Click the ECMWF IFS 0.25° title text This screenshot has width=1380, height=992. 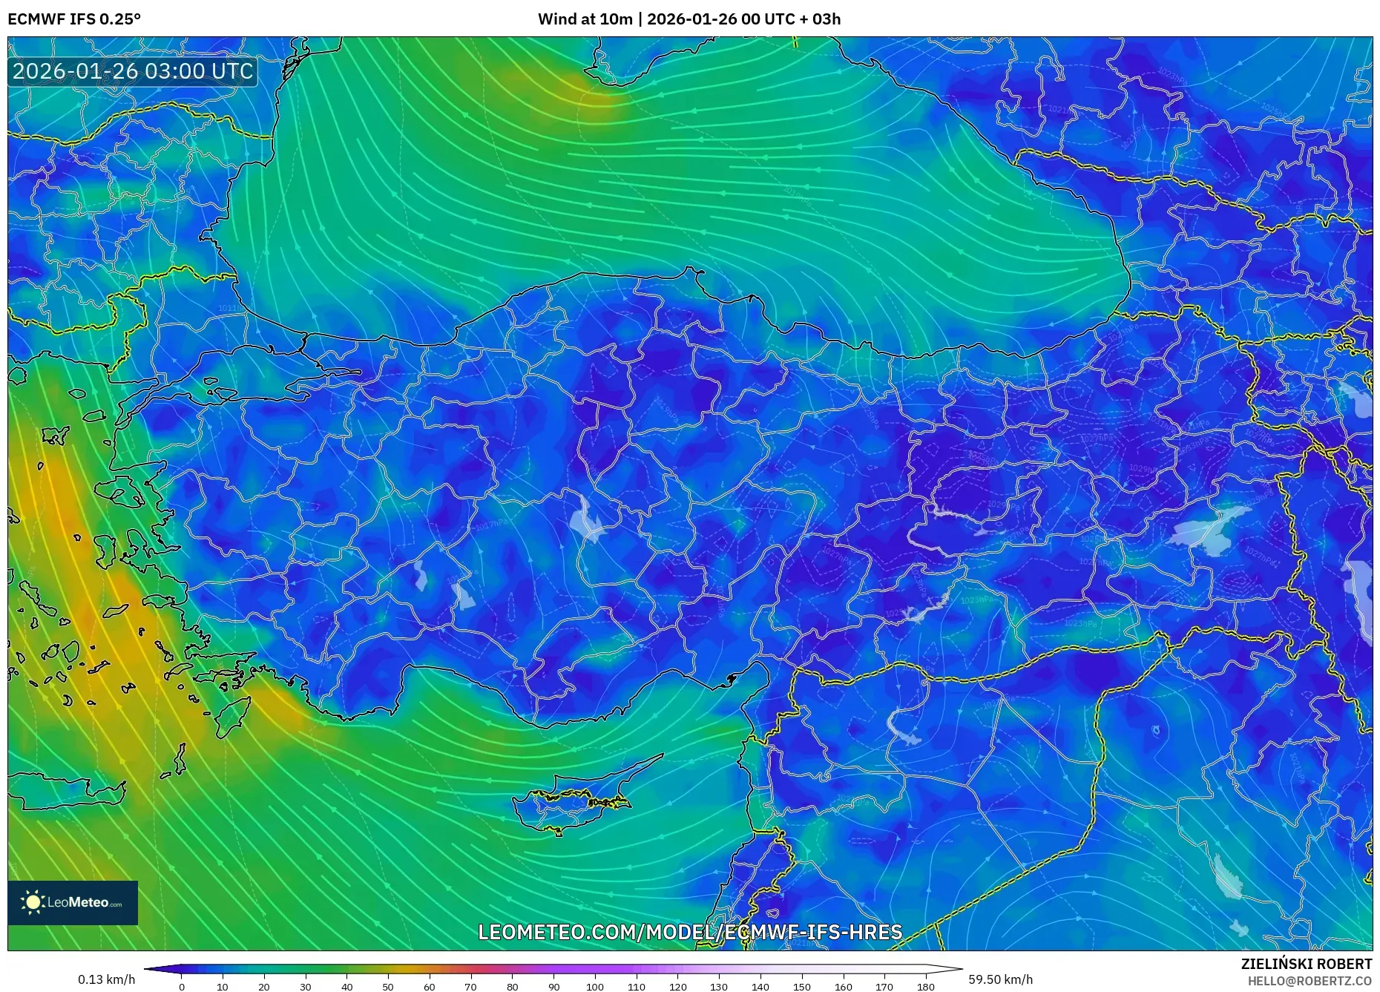(x=74, y=19)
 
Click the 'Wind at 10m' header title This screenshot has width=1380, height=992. (x=689, y=19)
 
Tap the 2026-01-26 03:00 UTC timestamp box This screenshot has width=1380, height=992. (x=133, y=71)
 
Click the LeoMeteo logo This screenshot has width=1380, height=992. (x=73, y=902)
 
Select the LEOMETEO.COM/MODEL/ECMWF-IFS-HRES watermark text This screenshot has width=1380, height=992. (x=690, y=932)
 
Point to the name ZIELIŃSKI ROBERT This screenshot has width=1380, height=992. (x=1306, y=964)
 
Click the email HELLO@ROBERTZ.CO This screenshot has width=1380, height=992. (x=1309, y=981)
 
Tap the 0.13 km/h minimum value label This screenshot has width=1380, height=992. (x=106, y=979)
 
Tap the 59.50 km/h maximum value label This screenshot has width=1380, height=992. (x=1000, y=979)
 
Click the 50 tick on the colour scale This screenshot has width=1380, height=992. (x=388, y=987)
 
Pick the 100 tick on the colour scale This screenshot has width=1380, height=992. (x=595, y=987)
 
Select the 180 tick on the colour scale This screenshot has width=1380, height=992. (x=925, y=987)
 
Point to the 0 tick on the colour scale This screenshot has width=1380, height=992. (x=182, y=987)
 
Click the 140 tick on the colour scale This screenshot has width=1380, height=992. (x=760, y=987)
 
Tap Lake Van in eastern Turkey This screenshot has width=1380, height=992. (x=1209, y=528)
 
